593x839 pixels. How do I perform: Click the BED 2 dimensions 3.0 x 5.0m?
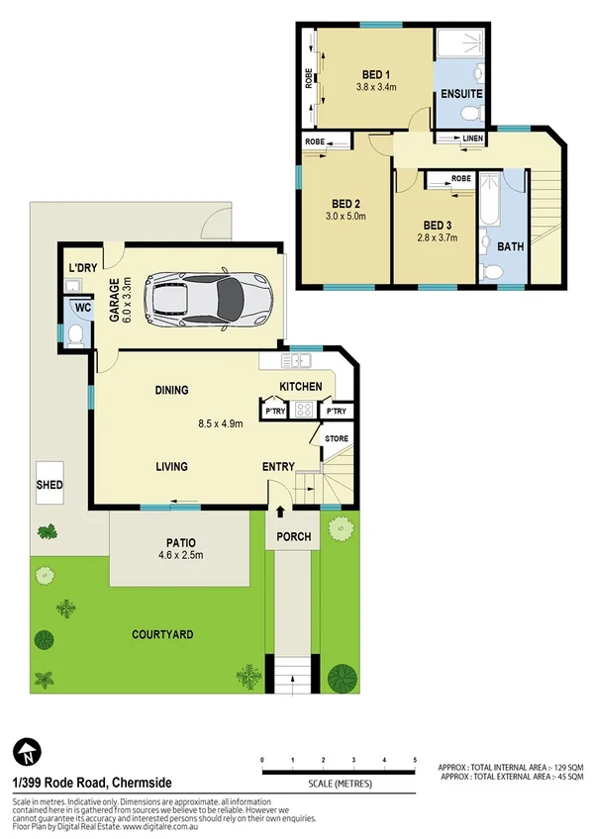click(x=346, y=216)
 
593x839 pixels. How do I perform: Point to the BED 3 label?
click(x=437, y=224)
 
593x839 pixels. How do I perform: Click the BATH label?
click(x=511, y=246)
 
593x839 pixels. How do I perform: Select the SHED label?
click(x=49, y=485)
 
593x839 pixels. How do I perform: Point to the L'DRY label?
click(x=81, y=268)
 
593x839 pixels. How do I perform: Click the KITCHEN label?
click(x=300, y=386)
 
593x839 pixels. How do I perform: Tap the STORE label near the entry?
click(x=336, y=438)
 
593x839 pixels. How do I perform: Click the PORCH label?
click(x=295, y=537)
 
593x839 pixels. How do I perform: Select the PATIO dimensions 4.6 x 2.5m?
click(x=180, y=555)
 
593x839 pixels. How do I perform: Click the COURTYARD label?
click(x=164, y=634)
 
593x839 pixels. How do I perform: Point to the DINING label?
click(x=171, y=391)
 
